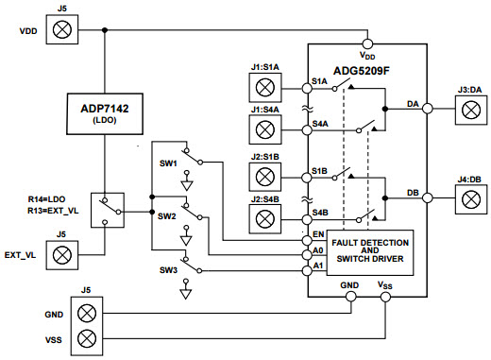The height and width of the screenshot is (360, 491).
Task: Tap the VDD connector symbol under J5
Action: (x=62, y=30)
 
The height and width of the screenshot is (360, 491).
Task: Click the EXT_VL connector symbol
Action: (x=62, y=254)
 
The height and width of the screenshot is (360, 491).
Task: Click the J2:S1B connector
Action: (x=265, y=176)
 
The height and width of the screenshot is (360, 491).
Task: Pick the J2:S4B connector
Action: (x=265, y=218)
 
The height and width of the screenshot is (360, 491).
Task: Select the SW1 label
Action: (x=170, y=162)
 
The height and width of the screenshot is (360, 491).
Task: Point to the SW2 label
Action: (x=170, y=216)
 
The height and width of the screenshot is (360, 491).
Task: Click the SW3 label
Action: (x=170, y=271)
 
